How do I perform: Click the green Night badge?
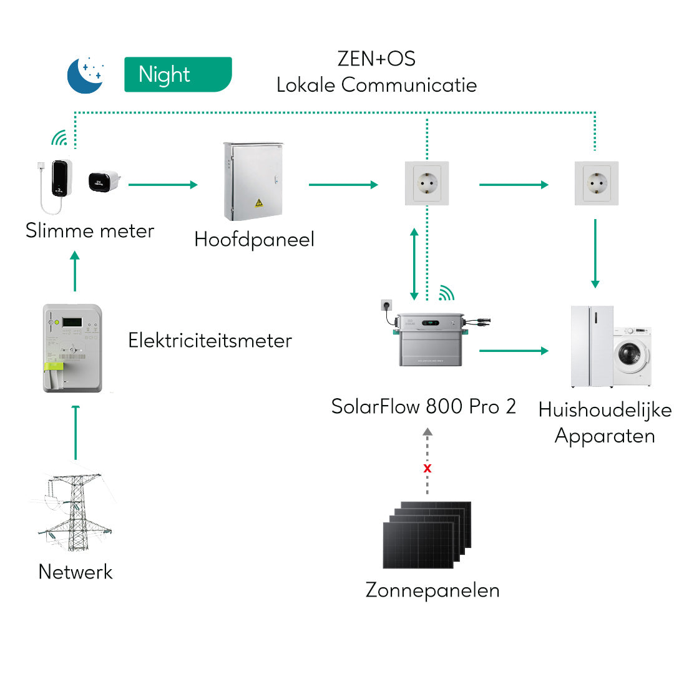178,74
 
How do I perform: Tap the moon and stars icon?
85,74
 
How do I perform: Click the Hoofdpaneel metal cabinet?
253,182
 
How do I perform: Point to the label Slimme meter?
90,231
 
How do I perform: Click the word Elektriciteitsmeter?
210,341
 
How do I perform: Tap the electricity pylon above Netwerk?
76,512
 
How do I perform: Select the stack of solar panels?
427,535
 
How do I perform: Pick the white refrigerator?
592,346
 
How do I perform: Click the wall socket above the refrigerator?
597,183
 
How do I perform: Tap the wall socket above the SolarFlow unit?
427,183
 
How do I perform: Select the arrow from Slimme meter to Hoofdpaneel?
163,185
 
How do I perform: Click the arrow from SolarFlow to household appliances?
514,351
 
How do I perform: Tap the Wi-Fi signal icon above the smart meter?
59,137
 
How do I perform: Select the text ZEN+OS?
376,59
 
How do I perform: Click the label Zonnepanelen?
432,590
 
